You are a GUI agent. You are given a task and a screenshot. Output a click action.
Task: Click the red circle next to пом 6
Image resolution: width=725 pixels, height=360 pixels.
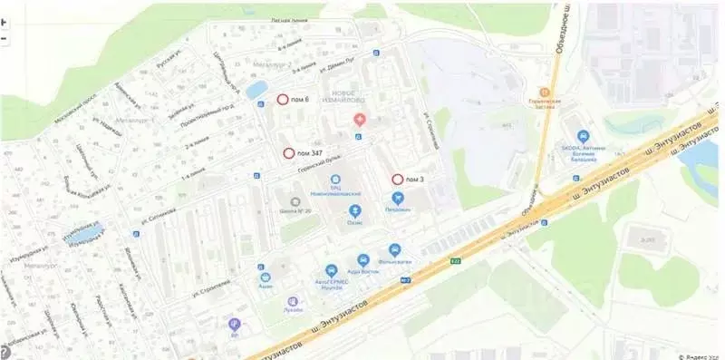283,99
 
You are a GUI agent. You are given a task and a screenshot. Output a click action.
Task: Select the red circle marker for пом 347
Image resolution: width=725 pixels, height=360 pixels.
289,153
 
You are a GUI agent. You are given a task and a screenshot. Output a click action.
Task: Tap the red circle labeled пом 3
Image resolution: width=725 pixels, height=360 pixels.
397,179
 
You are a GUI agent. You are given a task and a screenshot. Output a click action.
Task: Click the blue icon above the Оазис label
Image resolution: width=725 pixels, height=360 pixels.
354,210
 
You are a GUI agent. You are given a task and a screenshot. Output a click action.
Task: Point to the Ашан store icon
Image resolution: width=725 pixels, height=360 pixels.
266,277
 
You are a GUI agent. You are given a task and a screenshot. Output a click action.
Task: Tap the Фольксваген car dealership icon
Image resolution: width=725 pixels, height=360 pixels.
394,249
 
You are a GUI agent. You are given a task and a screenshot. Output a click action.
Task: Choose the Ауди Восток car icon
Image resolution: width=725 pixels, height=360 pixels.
362,259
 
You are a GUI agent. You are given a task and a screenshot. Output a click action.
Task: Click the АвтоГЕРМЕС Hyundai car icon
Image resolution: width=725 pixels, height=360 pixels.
331,270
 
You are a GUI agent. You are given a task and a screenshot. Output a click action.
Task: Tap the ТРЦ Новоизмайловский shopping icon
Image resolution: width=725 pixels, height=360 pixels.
335,180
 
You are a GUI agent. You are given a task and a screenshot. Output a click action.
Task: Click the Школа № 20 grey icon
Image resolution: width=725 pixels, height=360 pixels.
294,201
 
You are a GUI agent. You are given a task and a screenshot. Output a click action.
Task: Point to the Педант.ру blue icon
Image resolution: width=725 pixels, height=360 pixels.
396,198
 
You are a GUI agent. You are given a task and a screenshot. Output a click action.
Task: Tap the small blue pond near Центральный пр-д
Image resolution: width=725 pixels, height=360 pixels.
256,89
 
